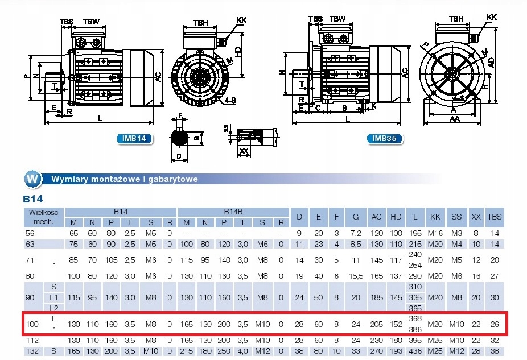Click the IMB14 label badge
(134, 138)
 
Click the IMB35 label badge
(384, 138)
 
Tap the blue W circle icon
(33, 179)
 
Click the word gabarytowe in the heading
(171, 179)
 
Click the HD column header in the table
(396, 216)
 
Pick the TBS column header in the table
(496, 216)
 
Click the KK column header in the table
(435, 216)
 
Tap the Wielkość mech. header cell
(36, 216)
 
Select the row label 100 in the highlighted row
(32, 324)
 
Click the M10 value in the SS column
(456, 324)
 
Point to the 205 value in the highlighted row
(376, 324)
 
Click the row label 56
(31, 233)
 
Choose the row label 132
(32, 351)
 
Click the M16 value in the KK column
(435, 233)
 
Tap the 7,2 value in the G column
(356, 233)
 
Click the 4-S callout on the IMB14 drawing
(230, 101)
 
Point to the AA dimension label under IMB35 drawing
(454, 120)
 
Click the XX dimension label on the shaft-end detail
(244, 151)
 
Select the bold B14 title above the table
(33, 200)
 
